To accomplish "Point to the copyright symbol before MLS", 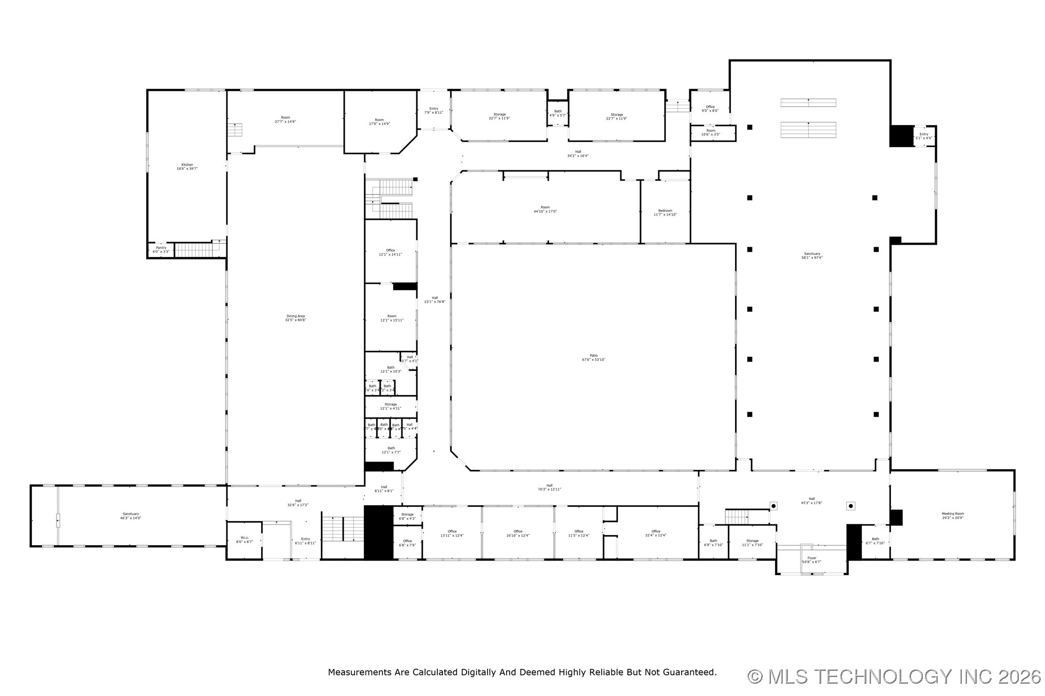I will click(754, 677).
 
